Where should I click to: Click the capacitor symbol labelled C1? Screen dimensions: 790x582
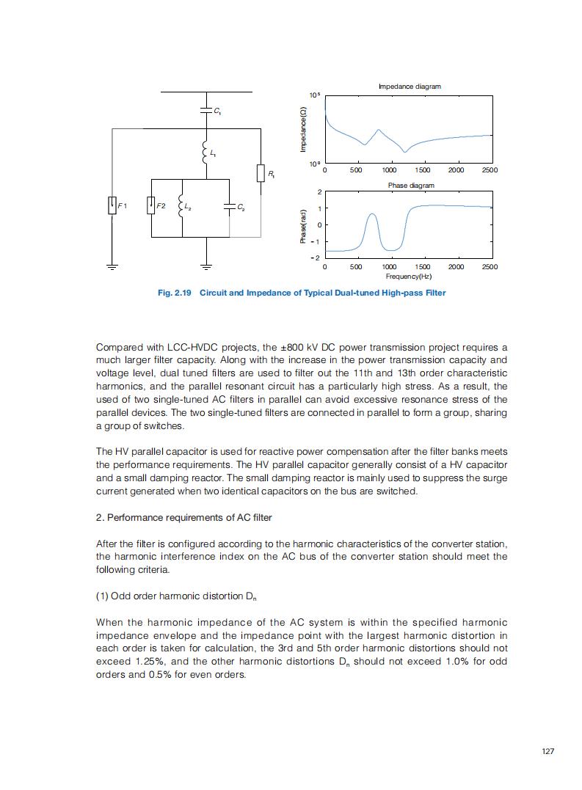pos(206,111)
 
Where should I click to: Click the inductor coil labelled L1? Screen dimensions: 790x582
pos(205,153)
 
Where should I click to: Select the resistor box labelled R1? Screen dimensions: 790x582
pos(261,173)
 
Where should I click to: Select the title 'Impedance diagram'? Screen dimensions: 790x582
pos(410,87)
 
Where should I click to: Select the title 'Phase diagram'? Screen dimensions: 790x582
pos(411,186)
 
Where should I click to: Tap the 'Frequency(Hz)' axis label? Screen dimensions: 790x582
pos(409,277)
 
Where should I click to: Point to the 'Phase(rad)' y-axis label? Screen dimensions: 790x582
pos(302,226)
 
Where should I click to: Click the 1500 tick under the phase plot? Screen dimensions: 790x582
pos(423,267)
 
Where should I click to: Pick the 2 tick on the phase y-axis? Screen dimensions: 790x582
pos(319,192)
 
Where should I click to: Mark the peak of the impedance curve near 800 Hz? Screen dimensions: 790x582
pos(378,130)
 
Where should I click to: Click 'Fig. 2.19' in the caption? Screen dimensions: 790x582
pos(175,293)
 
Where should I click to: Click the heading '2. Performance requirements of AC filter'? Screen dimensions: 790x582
pos(184,518)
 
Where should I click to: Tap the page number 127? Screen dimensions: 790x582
pos(548,751)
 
